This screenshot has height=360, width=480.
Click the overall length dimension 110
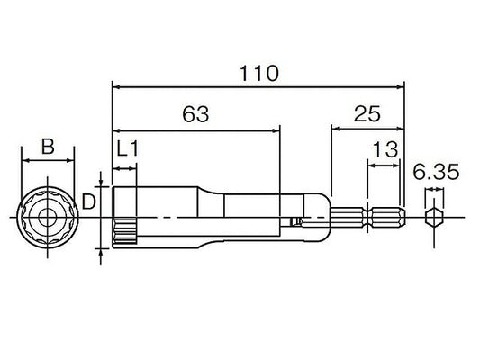tap(258, 74)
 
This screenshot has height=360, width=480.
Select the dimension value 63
tap(195, 114)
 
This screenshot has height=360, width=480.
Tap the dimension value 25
tap(367, 113)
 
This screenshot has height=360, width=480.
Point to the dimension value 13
tap(385, 149)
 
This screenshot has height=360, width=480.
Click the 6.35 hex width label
tap(436, 172)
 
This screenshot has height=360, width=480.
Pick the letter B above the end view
tap(48, 146)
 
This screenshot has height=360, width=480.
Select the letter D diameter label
tap(88, 202)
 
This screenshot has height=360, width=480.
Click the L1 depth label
tap(128, 149)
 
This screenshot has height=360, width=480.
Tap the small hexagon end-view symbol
tap(434, 218)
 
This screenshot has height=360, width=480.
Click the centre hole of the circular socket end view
tap(48, 218)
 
